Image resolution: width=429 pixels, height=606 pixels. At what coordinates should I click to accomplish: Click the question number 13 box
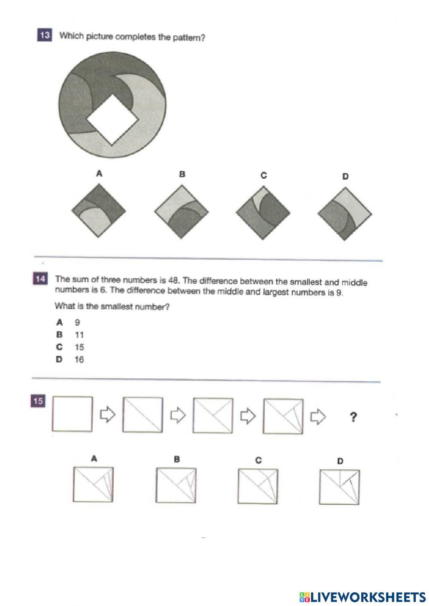pyautogui.click(x=45, y=35)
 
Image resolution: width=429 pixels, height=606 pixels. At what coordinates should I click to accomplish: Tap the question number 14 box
pyautogui.click(x=40, y=279)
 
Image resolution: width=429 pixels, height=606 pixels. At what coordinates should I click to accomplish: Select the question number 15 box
pyautogui.click(x=38, y=401)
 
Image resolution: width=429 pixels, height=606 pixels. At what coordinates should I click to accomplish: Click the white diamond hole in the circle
pyautogui.click(x=113, y=119)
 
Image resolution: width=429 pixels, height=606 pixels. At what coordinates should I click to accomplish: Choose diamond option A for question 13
pyautogui.click(x=99, y=211)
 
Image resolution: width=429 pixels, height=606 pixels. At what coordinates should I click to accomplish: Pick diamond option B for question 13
pyautogui.click(x=181, y=211)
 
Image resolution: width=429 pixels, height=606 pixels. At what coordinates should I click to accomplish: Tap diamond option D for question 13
pyautogui.click(x=344, y=214)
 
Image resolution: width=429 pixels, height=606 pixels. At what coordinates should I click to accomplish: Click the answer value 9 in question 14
pyautogui.click(x=77, y=323)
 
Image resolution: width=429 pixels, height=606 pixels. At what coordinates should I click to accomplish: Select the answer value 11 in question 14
pyautogui.click(x=79, y=335)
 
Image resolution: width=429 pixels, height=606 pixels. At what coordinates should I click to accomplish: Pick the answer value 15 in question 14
pyautogui.click(x=79, y=347)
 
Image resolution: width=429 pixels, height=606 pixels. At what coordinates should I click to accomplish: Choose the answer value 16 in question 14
pyautogui.click(x=79, y=360)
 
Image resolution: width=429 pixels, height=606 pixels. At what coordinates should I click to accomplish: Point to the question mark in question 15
pyautogui.click(x=353, y=417)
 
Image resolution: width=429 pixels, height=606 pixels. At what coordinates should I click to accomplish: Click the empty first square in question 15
pyautogui.click(x=72, y=414)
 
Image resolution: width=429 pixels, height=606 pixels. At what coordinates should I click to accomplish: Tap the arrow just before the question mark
pyautogui.click(x=318, y=416)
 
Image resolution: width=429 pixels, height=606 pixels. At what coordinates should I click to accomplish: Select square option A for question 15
pyautogui.click(x=93, y=484)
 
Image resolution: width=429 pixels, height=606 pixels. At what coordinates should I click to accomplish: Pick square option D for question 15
pyautogui.click(x=339, y=487)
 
